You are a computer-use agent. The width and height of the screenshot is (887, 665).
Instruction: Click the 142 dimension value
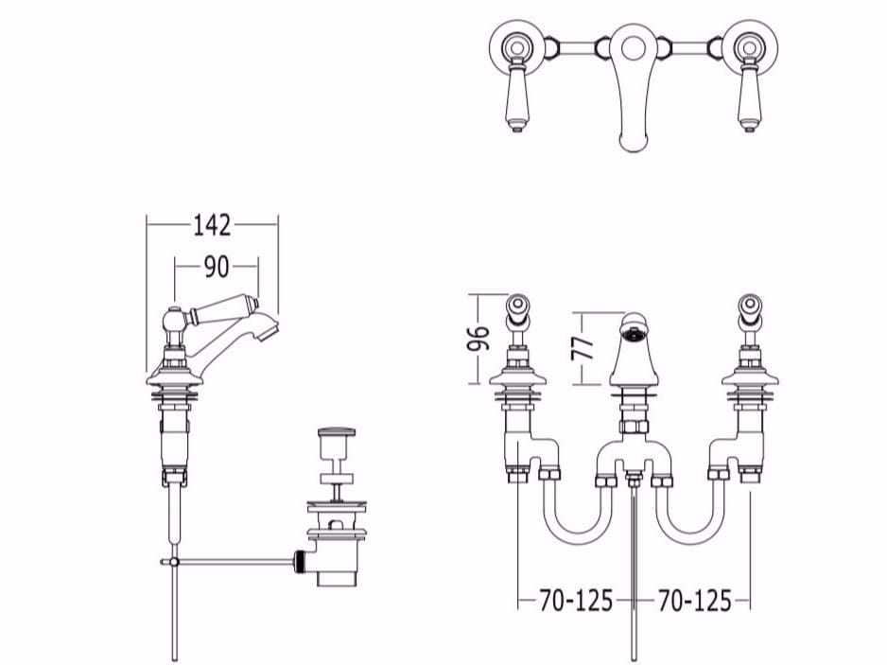point(212,225)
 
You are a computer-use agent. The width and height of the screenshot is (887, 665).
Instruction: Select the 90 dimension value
point(217,267)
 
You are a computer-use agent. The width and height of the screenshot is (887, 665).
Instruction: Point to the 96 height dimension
point(478,339)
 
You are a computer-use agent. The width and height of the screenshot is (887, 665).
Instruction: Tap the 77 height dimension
point(583,348)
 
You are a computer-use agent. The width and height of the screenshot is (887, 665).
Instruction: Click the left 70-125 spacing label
point(576,601)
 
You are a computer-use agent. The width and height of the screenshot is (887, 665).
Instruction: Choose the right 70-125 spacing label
point(694,601)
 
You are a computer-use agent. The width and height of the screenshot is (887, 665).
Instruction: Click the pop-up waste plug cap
point(338,432)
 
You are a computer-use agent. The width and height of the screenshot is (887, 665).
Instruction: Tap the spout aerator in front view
point(634,333)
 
